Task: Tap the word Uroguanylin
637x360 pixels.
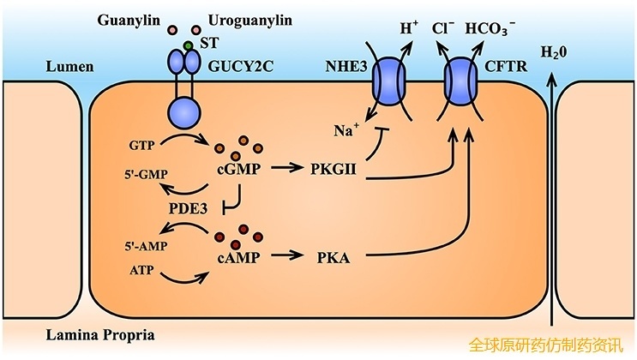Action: (243, 19)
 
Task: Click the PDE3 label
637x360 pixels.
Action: (190, 208)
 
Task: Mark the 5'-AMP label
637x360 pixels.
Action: (130, 244)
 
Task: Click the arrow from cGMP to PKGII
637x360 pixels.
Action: (287, 170)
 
